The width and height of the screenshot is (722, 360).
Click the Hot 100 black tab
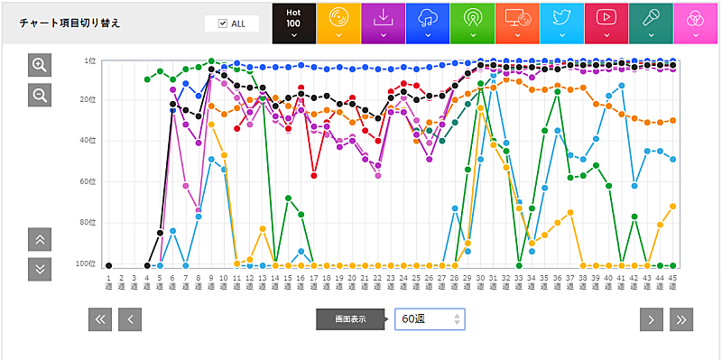pyautogui.click(x=293, y=23)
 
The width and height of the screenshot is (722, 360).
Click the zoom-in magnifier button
pyautogui.click(x=40, y=65)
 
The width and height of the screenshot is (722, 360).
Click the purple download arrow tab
pyautogui.click(x=383, y=23)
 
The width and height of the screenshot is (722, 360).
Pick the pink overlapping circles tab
pyautogui.click(x=695, y=23)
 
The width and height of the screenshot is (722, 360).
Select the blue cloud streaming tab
pyautogui.click(x=428, y=23)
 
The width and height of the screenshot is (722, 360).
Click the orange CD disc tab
pyautogui.click(x=338, y=23)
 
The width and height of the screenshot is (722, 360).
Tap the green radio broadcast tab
pyautogui.click(x=472, y=23)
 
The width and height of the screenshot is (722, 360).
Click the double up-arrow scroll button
pyautogui.click(x=40, y=239)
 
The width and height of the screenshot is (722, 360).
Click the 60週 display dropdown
pyautogui.click(x=430, y=319)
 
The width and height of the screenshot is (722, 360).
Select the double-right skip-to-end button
pyautogui.click(x=681, y=318)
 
